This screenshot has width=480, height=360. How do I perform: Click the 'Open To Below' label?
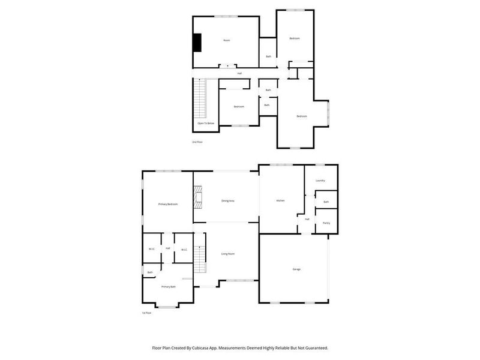point(206,123)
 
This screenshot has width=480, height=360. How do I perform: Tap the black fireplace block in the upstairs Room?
point(196,42)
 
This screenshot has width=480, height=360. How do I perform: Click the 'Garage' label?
point(296,269)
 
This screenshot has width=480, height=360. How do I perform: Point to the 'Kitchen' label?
point(280,200)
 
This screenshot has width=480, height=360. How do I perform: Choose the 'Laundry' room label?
point(320,181)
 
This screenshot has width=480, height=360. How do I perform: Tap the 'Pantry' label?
point(326,223)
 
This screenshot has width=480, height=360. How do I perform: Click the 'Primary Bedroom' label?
point(168,205)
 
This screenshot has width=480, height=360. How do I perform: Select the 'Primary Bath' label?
point(169,287)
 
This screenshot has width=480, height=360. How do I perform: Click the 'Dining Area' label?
point(228,200)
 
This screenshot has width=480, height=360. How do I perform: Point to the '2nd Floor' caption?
point(197,142)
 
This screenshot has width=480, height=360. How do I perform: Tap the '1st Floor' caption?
point(146,313)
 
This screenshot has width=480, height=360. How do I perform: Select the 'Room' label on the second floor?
point(226,40)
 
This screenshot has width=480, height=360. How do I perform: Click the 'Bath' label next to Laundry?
point(326,202)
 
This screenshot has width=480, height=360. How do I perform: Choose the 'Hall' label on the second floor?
point(239,73)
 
